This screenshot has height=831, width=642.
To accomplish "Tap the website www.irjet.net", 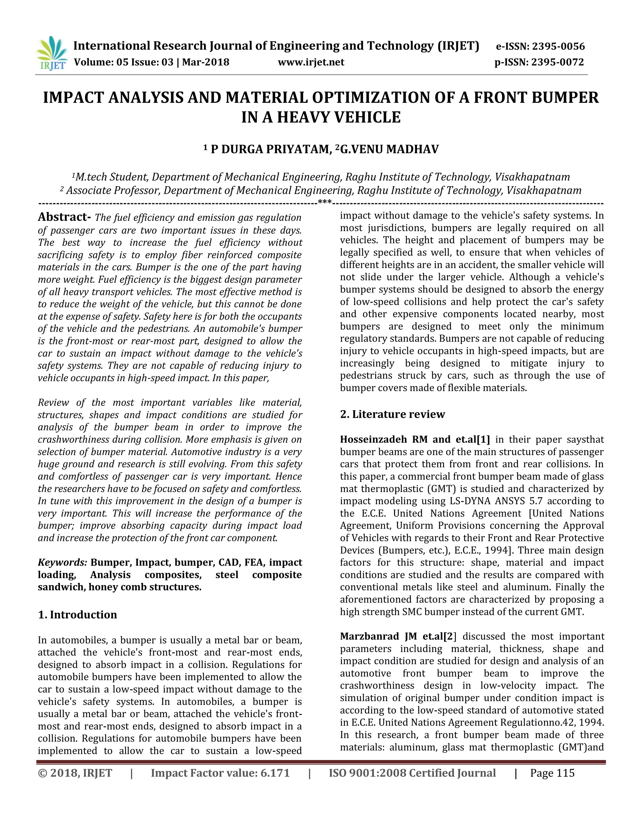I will click(x=311, y=62).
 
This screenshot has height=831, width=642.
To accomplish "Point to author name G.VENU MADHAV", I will click(x=389, y=149).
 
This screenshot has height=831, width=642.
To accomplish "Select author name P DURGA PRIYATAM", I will click(x=271, y=149).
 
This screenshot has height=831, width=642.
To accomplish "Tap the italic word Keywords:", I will click(x=62, y=562).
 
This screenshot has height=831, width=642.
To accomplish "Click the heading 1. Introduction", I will click(x=78, y=615).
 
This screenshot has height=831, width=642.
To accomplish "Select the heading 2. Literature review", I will click(x=392, y=414).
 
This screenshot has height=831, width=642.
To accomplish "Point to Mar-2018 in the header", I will click(x=205, y=62).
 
